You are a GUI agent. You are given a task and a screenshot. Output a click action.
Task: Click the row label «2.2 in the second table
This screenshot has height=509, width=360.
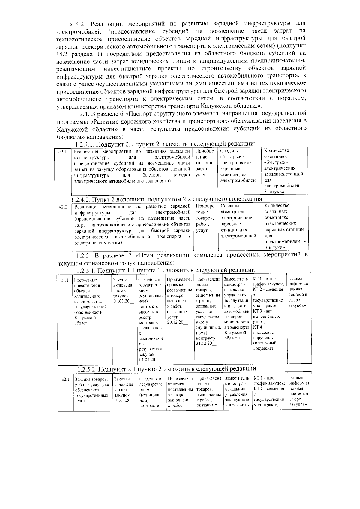tap(63, 207)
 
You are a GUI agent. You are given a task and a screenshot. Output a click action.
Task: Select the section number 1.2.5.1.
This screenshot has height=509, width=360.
tap(86, 271)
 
